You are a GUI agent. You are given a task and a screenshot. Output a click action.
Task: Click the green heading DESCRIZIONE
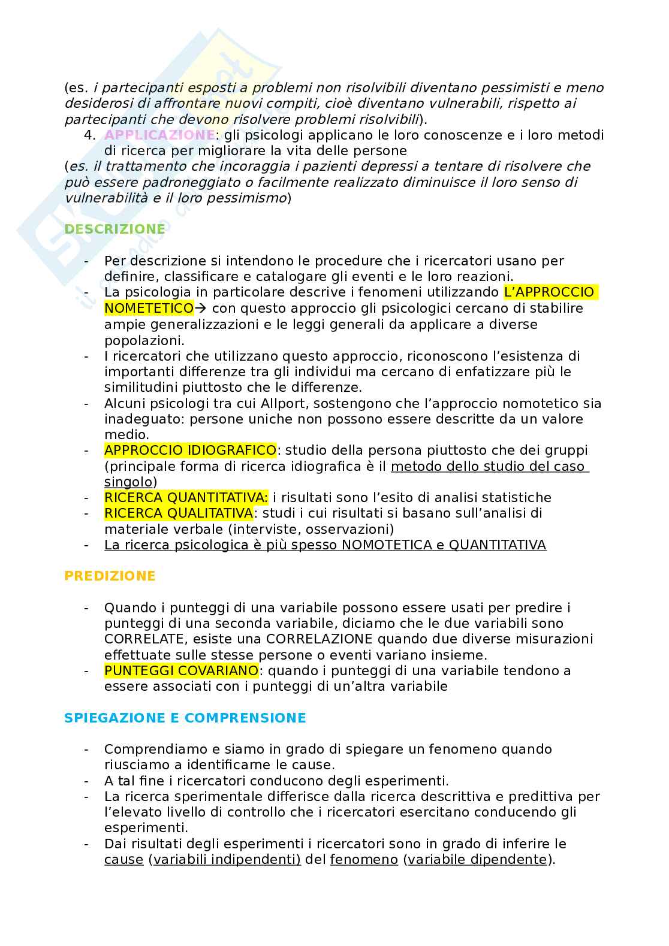point(114,229)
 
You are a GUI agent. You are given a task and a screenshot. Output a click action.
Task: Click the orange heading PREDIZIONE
point(110,576)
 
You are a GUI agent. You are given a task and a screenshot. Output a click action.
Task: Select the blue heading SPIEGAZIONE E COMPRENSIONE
point(185,718)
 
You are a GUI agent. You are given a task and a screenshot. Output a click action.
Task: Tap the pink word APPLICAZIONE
point(159,135)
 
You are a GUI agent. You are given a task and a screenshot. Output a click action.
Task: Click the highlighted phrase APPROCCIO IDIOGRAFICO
point(190,450)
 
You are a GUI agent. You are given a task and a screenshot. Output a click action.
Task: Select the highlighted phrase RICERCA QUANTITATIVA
point(186,497)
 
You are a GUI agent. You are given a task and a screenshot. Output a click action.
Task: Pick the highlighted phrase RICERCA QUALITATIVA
point(179,513)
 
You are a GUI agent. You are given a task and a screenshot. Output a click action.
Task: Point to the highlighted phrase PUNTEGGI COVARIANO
point(181,670)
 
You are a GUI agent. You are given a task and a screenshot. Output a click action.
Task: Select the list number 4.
point(90,135)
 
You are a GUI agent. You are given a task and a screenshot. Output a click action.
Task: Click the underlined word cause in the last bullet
point(123,859)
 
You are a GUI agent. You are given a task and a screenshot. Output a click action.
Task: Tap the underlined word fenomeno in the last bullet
point(364,859)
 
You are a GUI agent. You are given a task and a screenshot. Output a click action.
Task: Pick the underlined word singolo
point(128,482)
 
